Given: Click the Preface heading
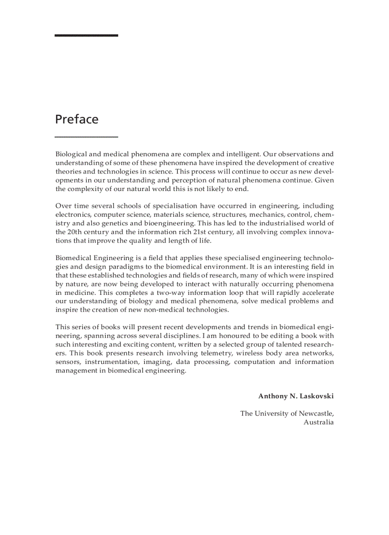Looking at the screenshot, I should (77, 119).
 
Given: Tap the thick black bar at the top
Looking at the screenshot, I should (86, 35).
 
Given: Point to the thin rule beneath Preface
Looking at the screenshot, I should (86, 137).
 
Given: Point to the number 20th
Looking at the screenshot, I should (75, 232).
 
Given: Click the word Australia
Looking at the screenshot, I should (318, 422).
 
